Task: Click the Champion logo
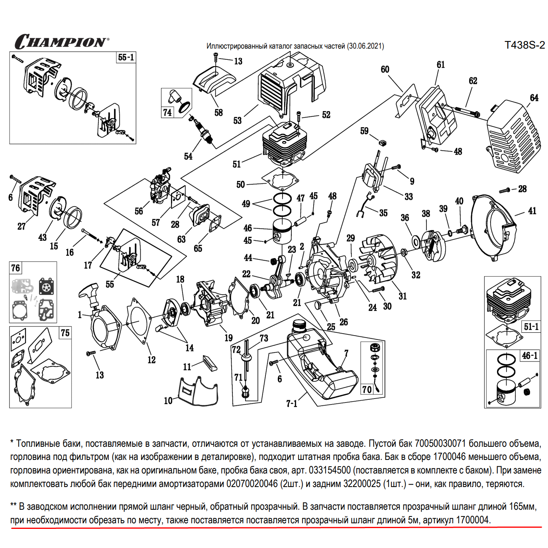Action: (62, 41)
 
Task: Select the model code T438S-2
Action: (524, 45)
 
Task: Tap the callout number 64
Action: (534, 98)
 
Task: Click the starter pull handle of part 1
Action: (89, 292)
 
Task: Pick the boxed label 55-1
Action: (126, 57)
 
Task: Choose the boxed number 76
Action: (16, 268)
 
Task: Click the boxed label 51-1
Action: (531, 327)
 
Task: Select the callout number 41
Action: (532, 211)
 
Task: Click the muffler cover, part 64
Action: (514, 136)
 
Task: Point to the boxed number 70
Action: (367, 389)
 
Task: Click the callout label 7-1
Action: (292, 404)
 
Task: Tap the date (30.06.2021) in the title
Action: (365, 46)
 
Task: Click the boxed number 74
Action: (167, 113)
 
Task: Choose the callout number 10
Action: (168, 401)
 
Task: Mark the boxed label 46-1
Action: (530, 356)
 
